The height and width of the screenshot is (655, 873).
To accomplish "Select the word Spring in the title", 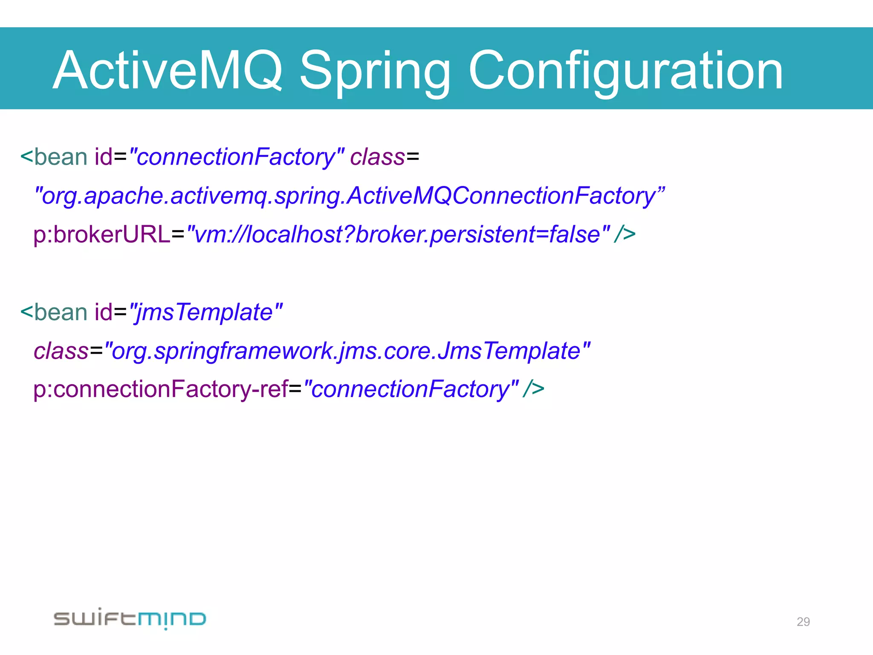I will coord(375,70).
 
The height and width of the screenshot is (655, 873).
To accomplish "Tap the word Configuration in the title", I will coord(626,70).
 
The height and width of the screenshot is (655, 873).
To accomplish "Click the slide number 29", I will coord(803,622).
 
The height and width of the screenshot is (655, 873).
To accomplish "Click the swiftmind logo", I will coord(130,618).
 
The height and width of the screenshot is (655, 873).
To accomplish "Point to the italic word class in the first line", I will coord(377,157).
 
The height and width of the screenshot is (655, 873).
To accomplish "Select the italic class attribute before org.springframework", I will coord(61,351).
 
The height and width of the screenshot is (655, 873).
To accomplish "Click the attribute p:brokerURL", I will coord(101,235).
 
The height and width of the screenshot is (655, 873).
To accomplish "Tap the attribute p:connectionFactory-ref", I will coord(161,389).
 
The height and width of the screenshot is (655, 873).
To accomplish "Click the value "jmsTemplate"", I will coord(206,312).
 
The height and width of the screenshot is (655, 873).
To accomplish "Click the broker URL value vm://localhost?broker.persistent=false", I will coord(399,235).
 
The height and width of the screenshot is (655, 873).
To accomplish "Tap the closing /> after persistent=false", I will coord(625,235).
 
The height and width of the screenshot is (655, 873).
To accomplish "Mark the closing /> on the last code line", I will coord(534,389).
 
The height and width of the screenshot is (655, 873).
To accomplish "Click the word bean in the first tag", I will coord(61,157).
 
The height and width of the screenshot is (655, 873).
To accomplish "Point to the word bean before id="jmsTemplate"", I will coord(61,312).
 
